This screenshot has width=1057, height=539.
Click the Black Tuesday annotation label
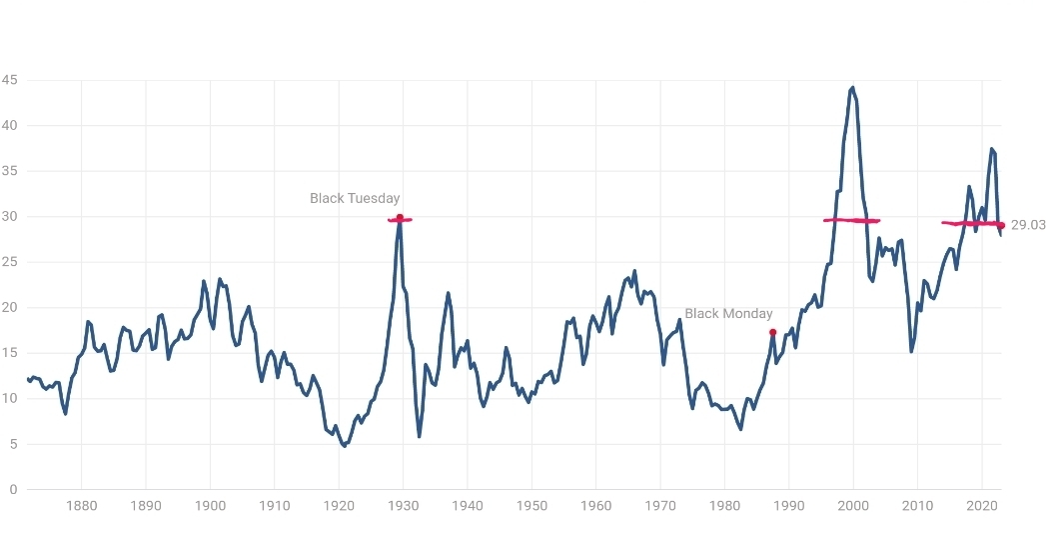pyautogui.click(x=355, y=198)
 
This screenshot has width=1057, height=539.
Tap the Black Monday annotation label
pyautogui.click(x=728, y=313)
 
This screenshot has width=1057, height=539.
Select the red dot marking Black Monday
pyautogui.click(x=772, y=332)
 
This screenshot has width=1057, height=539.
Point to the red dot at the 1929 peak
pyautogui.click(x=400, y=218)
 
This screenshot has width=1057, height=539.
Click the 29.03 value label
pyautogui.click(x=1028, y=225)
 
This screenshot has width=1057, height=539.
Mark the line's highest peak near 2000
pyautogui.click(x=852, y=88)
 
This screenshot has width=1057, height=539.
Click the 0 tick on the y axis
pyautogui.click(x=12, y=489)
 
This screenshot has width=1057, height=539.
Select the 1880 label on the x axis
pyautogui.click(x=81, y=506)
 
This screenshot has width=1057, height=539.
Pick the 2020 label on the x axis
pyautogui.click(x=982, y=506)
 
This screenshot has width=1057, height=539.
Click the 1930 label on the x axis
pyautogui.click(x=403, y=506)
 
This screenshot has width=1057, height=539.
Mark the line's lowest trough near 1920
pyautogui.click(x=344, y=446)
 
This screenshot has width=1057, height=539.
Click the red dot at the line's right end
pyautogui.click(x=1001, y=225)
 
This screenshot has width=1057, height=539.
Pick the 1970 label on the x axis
pyautogui.click(x=660, y=506)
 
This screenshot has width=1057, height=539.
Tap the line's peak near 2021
pyautogui.click(x=992, y=149)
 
